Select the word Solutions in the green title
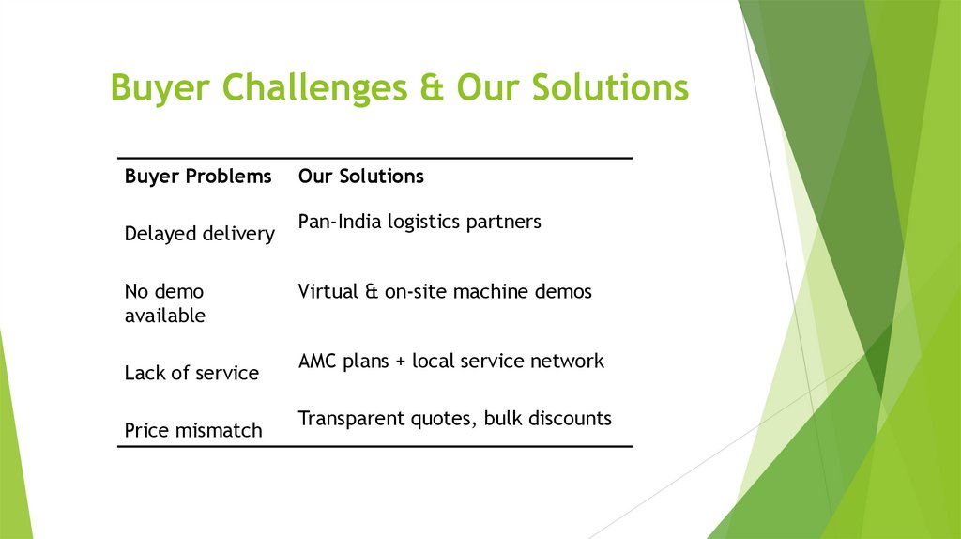click(608, 88)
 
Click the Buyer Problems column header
click(198, 176)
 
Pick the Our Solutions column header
click(360, 176)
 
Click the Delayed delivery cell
click(199, 233)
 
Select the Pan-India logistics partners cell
click(419, 222)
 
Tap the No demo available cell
click(165, 303)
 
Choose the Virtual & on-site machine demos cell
click(445, 291)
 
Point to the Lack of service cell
click(191, 373)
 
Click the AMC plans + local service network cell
click(450, 361)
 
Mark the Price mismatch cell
click(193, 430)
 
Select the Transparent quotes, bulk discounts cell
click(454, 418)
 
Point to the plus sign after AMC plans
click(399, 362)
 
